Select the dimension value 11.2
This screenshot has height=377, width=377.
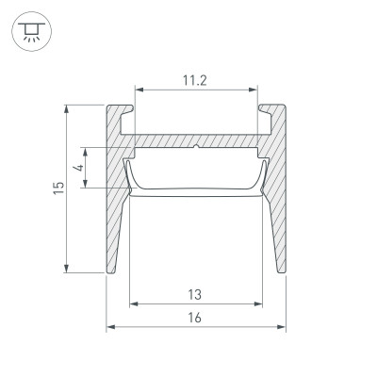[195, 80]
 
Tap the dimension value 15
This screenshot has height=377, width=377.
[57, 188]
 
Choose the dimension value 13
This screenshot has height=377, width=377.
[194, 294]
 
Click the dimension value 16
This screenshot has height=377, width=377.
[194, 318]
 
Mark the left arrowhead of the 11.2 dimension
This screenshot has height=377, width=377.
[139, 91]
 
